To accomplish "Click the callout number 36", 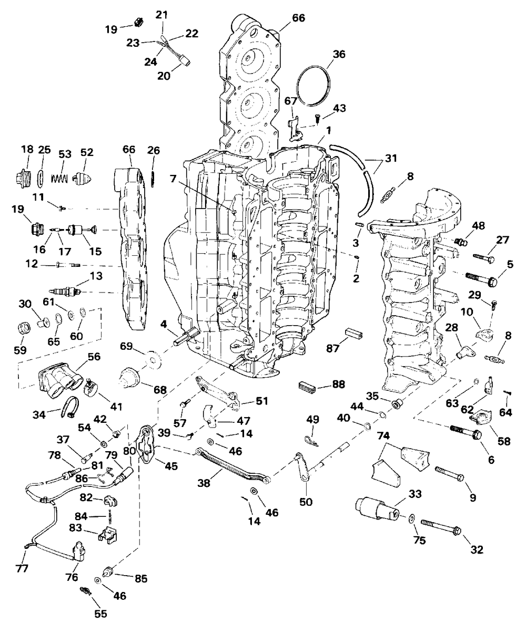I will coord(339,54).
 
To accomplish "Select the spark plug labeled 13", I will coord(65,290).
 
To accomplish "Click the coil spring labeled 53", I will coord(60,176).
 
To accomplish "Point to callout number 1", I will coord(328,130).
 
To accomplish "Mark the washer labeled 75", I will coord(410,518).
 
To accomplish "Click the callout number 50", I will coord(305,502).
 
